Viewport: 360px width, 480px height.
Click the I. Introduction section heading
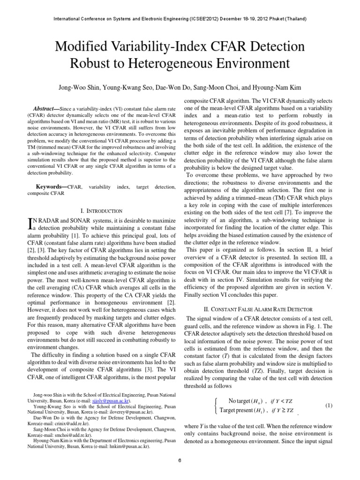pyautogui.click(x=102, y=211)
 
